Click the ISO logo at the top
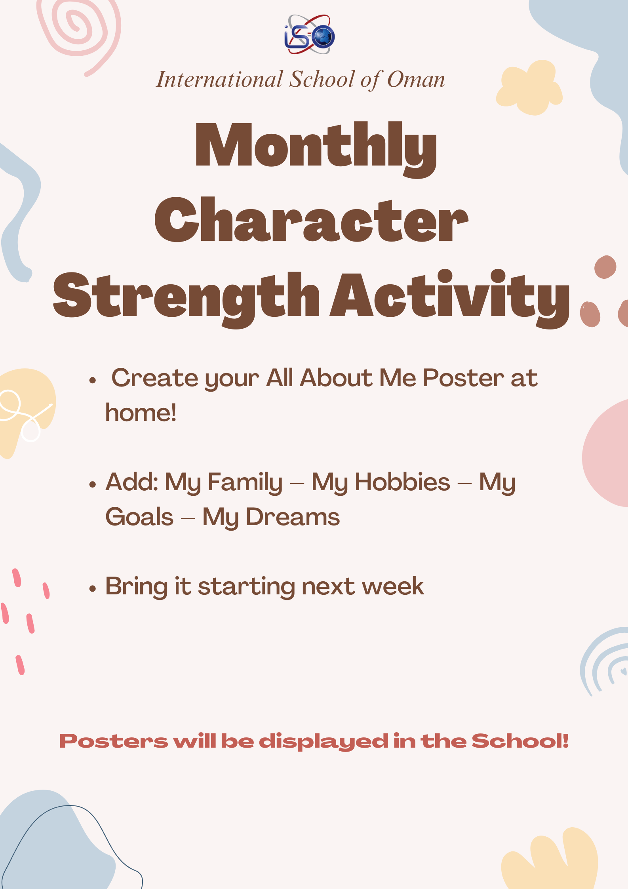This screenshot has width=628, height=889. pyautogui.click(x=310, y=34)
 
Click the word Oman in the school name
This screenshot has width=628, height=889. pyautogui.click(x=416, y=79)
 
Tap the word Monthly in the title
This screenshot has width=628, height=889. pyautogui.click(x=316, y=149)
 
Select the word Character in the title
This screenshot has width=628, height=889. pyautogui.click(x=311, y=220)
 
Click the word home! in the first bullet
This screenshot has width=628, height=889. pyautogui.click(x=141, y=413)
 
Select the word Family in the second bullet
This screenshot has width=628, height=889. pyautogui.click(x=245, y=483)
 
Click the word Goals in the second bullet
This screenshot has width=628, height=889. pyautogui.click(x=139, y=517)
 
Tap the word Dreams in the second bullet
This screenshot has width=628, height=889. pyautogui.click(x=293, y=517)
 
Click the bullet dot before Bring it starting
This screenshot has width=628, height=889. pyautogui.click(x=93, y=589)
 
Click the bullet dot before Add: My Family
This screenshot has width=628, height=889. pyautogui.click(x=93, y=484)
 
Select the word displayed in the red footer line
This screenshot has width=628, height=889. pyautogui.click(x=324, y=741)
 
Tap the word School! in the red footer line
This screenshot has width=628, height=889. pyautogui.click(x=520, y=741)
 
